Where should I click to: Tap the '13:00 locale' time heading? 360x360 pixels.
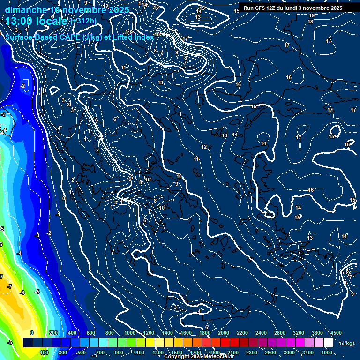point(36,21)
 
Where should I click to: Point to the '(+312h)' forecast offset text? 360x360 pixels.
point(84,21)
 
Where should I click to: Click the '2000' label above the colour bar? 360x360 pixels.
point(223,333)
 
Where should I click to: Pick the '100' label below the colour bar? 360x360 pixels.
point(45,352)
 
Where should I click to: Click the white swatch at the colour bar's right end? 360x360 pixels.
point(328,343)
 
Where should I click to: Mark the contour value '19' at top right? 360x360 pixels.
point(312,15)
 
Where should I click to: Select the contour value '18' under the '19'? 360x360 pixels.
point(310,22)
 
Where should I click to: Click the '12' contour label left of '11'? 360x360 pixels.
point(204,147)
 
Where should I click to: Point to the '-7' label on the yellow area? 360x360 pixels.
point(9,286)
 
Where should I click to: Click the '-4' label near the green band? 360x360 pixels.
point(19,253)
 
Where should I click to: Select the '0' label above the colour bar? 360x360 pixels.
point(32,333)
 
